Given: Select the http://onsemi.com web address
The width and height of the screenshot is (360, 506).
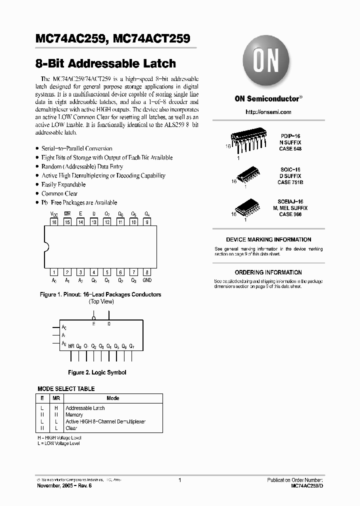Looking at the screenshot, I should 268,112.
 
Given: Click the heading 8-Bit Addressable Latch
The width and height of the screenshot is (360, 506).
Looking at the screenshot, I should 106,63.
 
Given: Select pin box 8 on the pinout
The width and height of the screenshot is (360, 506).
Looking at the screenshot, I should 146,272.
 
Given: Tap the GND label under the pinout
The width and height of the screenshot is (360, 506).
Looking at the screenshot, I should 146,281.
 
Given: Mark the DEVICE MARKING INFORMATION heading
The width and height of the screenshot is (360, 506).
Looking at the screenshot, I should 268,239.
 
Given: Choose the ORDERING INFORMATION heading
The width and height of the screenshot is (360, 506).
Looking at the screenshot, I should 268,272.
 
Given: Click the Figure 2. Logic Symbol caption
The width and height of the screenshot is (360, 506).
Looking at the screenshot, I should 97,372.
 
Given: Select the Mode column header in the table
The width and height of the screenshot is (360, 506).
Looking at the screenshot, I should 113,398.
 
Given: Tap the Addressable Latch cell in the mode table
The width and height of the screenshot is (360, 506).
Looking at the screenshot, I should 85,408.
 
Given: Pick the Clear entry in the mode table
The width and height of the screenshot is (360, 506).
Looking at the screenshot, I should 71,428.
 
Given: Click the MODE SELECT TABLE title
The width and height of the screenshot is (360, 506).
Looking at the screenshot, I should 66,388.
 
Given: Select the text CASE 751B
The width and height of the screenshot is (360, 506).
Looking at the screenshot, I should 291,182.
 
